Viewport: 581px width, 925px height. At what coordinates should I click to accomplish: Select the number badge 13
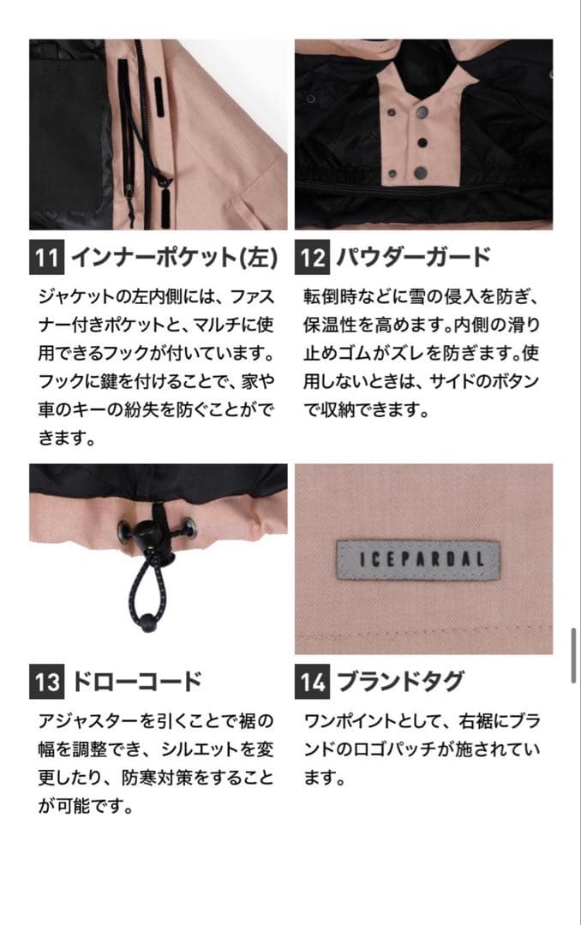pyautogui.click(x=47, y=683)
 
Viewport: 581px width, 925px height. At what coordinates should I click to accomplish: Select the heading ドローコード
pyautogui.click(x=136, y=683)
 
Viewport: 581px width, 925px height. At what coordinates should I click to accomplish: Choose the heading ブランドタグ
pyautogui.click(x=400, y=683)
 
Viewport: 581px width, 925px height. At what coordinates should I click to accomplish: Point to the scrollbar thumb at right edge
pyautogui.click(x=574, y=654)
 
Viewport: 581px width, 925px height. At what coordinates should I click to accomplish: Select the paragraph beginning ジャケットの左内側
pyautogui.click(x=157, y=367)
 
